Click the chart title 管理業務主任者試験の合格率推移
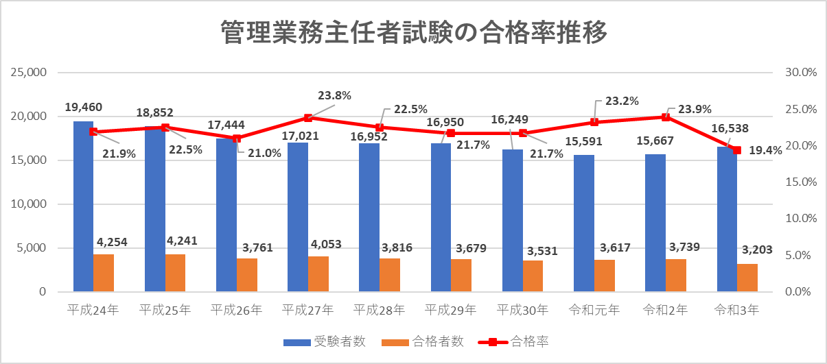click(414, 32)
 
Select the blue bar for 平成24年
click(83, 206)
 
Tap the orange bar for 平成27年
click(318, 274)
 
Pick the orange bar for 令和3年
click(748, 277)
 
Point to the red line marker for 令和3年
click(737, 150)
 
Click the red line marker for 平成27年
click(308, 118)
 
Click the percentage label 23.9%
click(695, 108)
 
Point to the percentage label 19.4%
click(765, 151)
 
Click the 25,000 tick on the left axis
click(28, 73)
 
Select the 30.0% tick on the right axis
click(799, 73)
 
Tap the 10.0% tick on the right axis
click(799, 219)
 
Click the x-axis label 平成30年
click(523, 310)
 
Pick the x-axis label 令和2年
click(666, 310)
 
